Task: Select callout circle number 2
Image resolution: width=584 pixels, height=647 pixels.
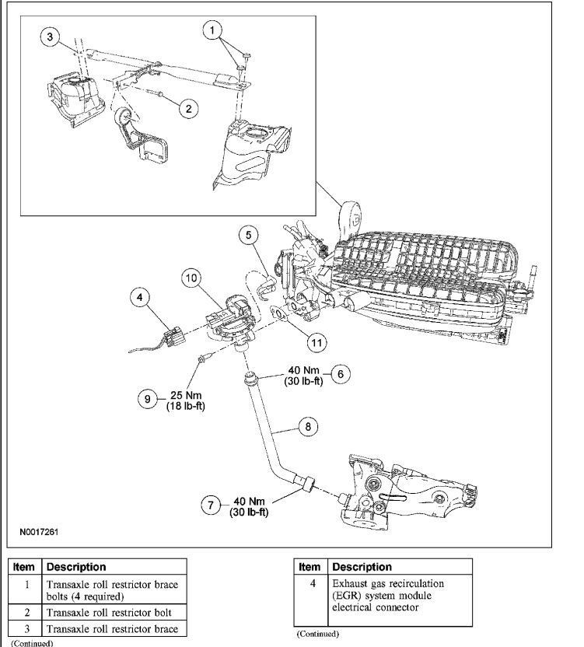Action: [x=187, y=108]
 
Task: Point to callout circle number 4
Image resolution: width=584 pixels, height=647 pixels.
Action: [x=141, y=297]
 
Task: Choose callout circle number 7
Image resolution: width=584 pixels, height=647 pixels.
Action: [x=209, y=505]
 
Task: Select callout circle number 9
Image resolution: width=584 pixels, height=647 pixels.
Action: [x=148, y=398]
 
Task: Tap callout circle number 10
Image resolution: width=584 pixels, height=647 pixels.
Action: [x=192, y=277]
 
